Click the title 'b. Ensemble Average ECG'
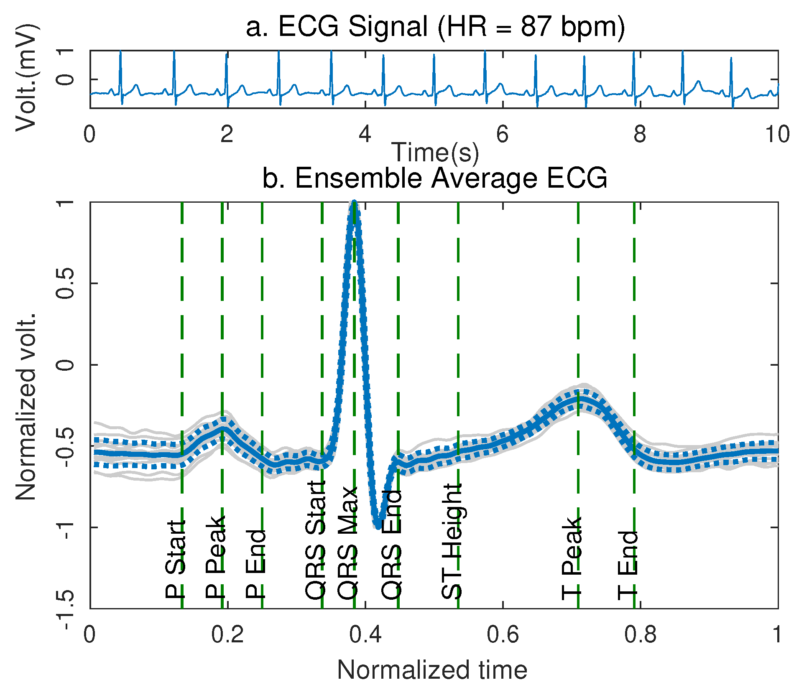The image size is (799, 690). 435,178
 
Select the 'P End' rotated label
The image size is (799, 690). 255,564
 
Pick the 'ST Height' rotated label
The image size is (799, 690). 452,541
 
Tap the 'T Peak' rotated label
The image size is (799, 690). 572,558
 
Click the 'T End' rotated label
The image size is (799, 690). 628,565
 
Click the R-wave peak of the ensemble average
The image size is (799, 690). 354,203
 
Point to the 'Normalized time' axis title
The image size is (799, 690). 432,670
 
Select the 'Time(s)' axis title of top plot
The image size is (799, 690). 435,152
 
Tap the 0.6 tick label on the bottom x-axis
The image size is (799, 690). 503,634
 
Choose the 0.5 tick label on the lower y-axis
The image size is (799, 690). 65,283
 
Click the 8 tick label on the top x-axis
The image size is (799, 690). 640,134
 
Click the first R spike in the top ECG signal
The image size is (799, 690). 120,52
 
